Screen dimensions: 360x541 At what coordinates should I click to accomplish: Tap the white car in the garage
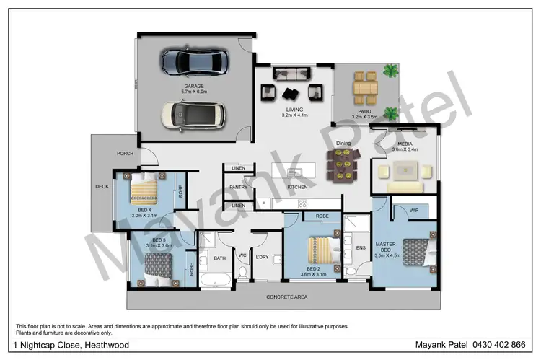tap(192, 114)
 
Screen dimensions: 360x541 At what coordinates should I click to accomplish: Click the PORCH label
tap(125, 154)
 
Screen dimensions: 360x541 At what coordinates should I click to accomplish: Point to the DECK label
tap(102, 186)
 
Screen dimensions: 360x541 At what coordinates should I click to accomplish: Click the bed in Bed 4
tap(146, 190)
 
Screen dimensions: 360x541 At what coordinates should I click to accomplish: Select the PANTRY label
tap(239, 187)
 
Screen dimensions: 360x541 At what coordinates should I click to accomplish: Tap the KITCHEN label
tap(298, 187)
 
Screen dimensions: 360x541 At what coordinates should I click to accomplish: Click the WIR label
tap(413, 211)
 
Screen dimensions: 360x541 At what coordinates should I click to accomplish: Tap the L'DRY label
tap(263, 257)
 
